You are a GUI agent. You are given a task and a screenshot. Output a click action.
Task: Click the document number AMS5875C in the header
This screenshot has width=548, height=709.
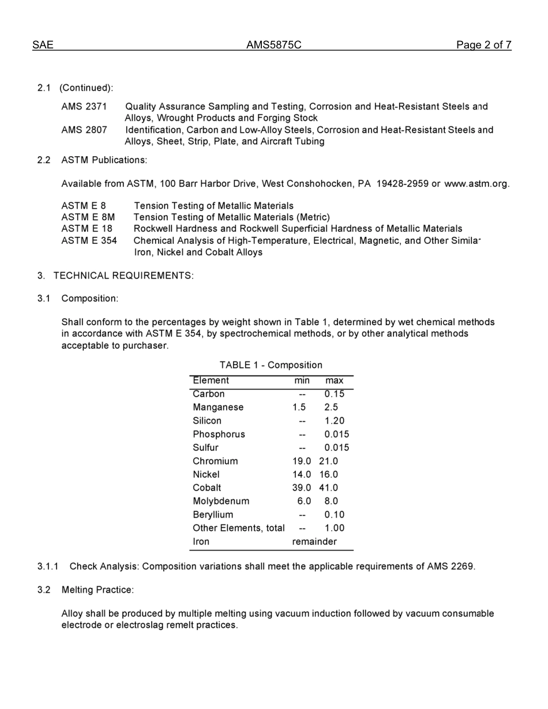[273, 45]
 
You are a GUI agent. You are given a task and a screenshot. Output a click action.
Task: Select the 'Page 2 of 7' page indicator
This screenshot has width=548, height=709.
[483, 45]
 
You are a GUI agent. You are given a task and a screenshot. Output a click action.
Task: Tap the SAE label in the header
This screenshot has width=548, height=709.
[43, 45]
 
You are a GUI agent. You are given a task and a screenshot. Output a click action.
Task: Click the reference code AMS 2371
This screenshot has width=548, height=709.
[84, 107]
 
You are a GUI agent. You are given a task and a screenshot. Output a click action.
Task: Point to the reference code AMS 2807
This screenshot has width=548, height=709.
[84, 130]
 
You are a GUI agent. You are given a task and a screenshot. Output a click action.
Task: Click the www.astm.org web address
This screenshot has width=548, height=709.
[476, 184]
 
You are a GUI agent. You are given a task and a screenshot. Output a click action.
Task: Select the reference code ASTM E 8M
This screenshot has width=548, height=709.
[88, 217]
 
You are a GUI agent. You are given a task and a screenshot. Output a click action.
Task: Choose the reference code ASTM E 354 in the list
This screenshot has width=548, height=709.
[89, 240]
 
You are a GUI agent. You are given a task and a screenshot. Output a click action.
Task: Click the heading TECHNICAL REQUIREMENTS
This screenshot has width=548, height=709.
[123, 276]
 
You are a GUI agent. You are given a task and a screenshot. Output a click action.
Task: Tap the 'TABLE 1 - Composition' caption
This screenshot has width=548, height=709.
[271, 365]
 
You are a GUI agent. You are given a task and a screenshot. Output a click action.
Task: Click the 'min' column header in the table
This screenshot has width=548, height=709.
[302, 380]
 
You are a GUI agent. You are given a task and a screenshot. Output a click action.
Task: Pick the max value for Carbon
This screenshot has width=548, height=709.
[334, 394]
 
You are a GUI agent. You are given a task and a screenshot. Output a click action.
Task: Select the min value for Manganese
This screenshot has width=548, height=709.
[299, 408]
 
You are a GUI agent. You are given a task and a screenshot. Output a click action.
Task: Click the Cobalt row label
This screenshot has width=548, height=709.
[207, 488]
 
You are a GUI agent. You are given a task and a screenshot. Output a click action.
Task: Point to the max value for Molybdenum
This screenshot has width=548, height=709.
[331, 501]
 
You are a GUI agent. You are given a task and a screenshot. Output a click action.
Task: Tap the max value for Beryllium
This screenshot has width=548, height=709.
[334, 515]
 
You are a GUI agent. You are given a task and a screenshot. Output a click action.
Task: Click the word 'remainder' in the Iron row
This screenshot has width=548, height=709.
[314, 542]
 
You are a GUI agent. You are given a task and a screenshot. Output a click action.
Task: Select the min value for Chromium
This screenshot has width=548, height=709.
[302, 461]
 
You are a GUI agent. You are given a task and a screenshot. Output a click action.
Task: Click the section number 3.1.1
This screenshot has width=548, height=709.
[48, 567]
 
